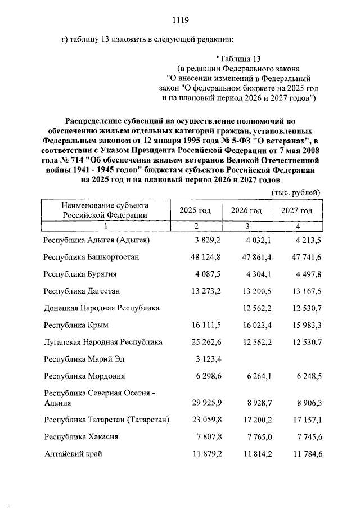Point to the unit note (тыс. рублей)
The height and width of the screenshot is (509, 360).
point(296,192)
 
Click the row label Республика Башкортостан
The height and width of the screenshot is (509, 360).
point(91,257)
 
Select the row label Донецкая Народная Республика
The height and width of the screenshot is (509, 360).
point(102,308)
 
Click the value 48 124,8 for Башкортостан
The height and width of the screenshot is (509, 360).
point(205,257)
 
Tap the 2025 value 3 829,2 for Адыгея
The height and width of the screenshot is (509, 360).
point(208,240)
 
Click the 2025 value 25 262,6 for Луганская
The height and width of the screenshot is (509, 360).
point(205,341)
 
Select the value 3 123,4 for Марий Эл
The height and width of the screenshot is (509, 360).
point(208,358)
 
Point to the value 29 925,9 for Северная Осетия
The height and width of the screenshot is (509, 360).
point(205,403)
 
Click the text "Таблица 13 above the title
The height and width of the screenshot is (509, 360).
point(239,58)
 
